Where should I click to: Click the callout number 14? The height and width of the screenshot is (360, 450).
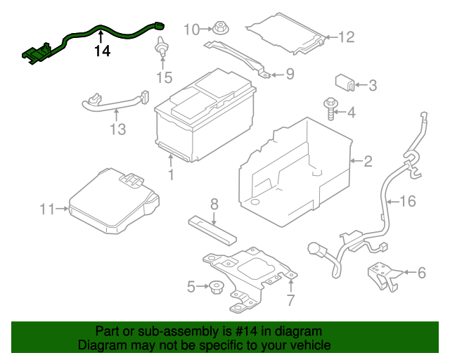103,51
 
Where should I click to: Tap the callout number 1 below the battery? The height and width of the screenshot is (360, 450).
170,174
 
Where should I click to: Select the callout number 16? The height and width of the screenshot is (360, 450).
408,202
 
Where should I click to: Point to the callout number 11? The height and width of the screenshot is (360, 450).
47,209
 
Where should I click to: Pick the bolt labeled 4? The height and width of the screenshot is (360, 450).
330,108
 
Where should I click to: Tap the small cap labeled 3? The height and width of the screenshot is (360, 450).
345,83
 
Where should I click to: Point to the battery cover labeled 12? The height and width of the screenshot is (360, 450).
288,33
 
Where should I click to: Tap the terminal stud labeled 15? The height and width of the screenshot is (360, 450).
162,49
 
